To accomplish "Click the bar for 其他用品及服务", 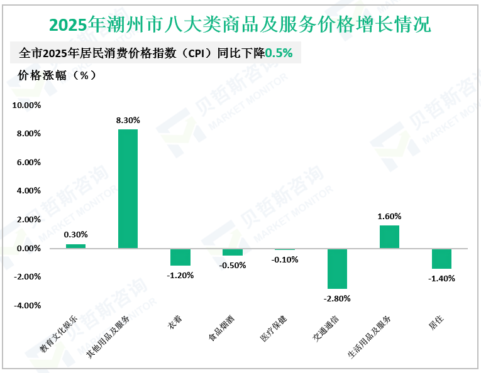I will coord(128,188).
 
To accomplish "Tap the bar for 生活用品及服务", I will coord(389,237).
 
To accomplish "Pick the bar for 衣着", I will coord(180,257).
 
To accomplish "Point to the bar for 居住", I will coord(441,258).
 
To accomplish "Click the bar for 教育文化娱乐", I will coord(75,246).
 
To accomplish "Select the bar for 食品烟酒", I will coord(232,252).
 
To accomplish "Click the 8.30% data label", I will coord(128,120).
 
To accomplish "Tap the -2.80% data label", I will coord(337,298).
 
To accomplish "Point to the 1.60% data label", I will coord(389,216).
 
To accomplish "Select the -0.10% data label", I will coord(285,259).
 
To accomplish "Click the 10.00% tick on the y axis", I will coord(26,105).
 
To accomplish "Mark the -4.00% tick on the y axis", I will coord(26,306).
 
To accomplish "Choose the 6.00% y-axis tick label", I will coord(26,163).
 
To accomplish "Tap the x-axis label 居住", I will coord(436,323).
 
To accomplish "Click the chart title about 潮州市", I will coord(240,25).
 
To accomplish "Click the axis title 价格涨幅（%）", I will coord(57,75).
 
